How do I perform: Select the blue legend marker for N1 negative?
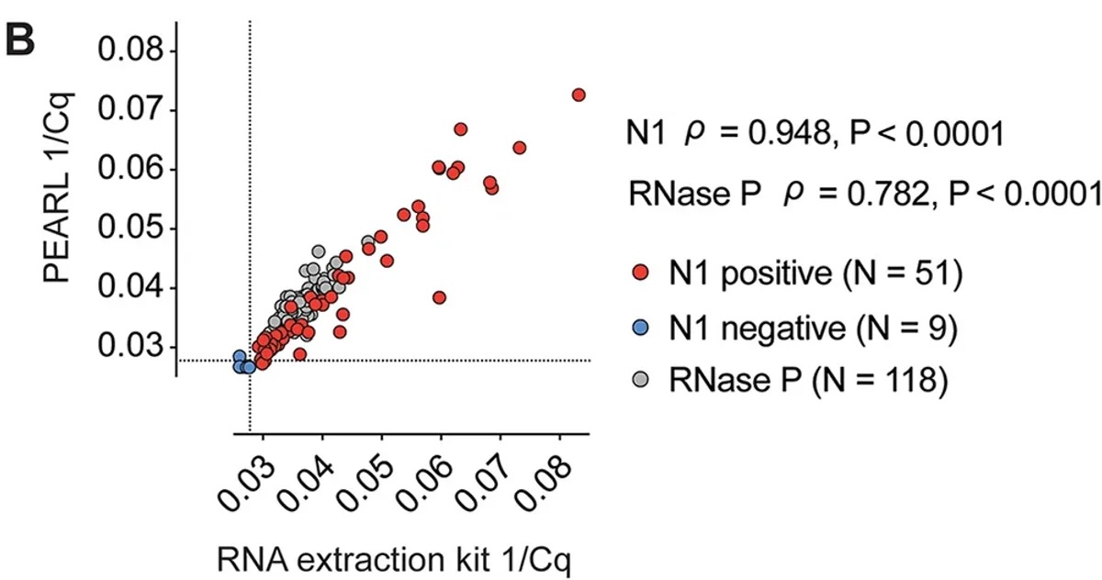(x=642, y=328)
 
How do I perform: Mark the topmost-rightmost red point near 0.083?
(x=579, y=95)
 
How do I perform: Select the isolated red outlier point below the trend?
(x=439, y=297)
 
